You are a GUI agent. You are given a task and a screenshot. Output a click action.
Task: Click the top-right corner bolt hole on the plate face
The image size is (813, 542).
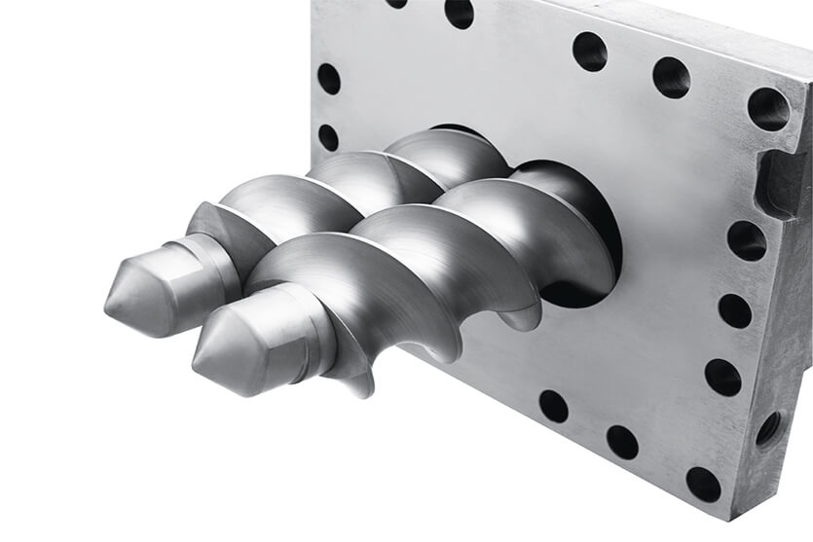pyautogui.click(x=768, y=109)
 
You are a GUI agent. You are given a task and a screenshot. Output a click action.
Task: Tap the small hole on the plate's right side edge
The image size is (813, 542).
pyautogui.click(x=768, y=427)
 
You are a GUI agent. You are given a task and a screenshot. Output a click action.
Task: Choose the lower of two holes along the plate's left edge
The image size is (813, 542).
pyautogui.click(x=328, y=137)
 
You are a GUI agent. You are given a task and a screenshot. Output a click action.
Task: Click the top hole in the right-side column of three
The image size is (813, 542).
pyautogui.click(x=746, y=239)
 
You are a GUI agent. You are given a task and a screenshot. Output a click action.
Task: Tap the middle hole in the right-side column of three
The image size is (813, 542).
pyautogui.click(x=734, y=310)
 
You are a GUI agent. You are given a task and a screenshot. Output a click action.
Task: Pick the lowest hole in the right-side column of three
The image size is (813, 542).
pyautogui.click(x=722, y=377)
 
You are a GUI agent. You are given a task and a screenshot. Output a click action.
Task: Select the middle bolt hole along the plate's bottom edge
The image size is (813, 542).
pyautogui.click(x=622, y=442)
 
